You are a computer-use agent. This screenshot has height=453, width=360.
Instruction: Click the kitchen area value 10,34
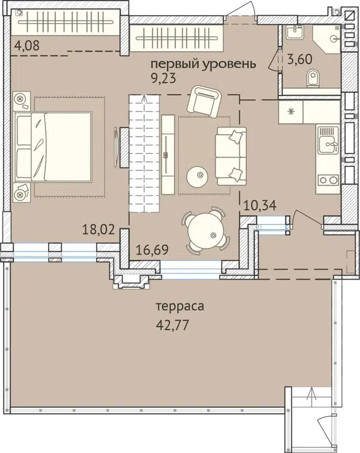pos(259,204)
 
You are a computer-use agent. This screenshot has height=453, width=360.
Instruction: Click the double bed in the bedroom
pos(54,147)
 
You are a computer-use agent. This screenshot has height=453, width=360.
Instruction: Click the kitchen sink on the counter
pos(327,142)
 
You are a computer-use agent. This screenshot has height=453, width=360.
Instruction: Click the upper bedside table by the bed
pos(22,100)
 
